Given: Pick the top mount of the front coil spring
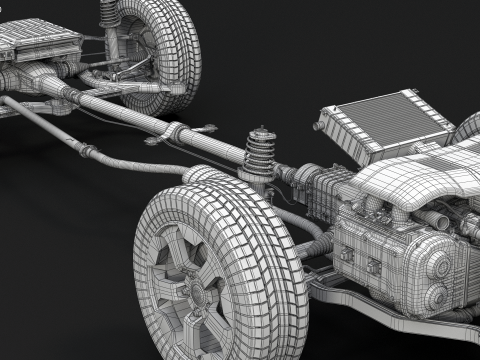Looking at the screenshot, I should pos(262,133).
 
